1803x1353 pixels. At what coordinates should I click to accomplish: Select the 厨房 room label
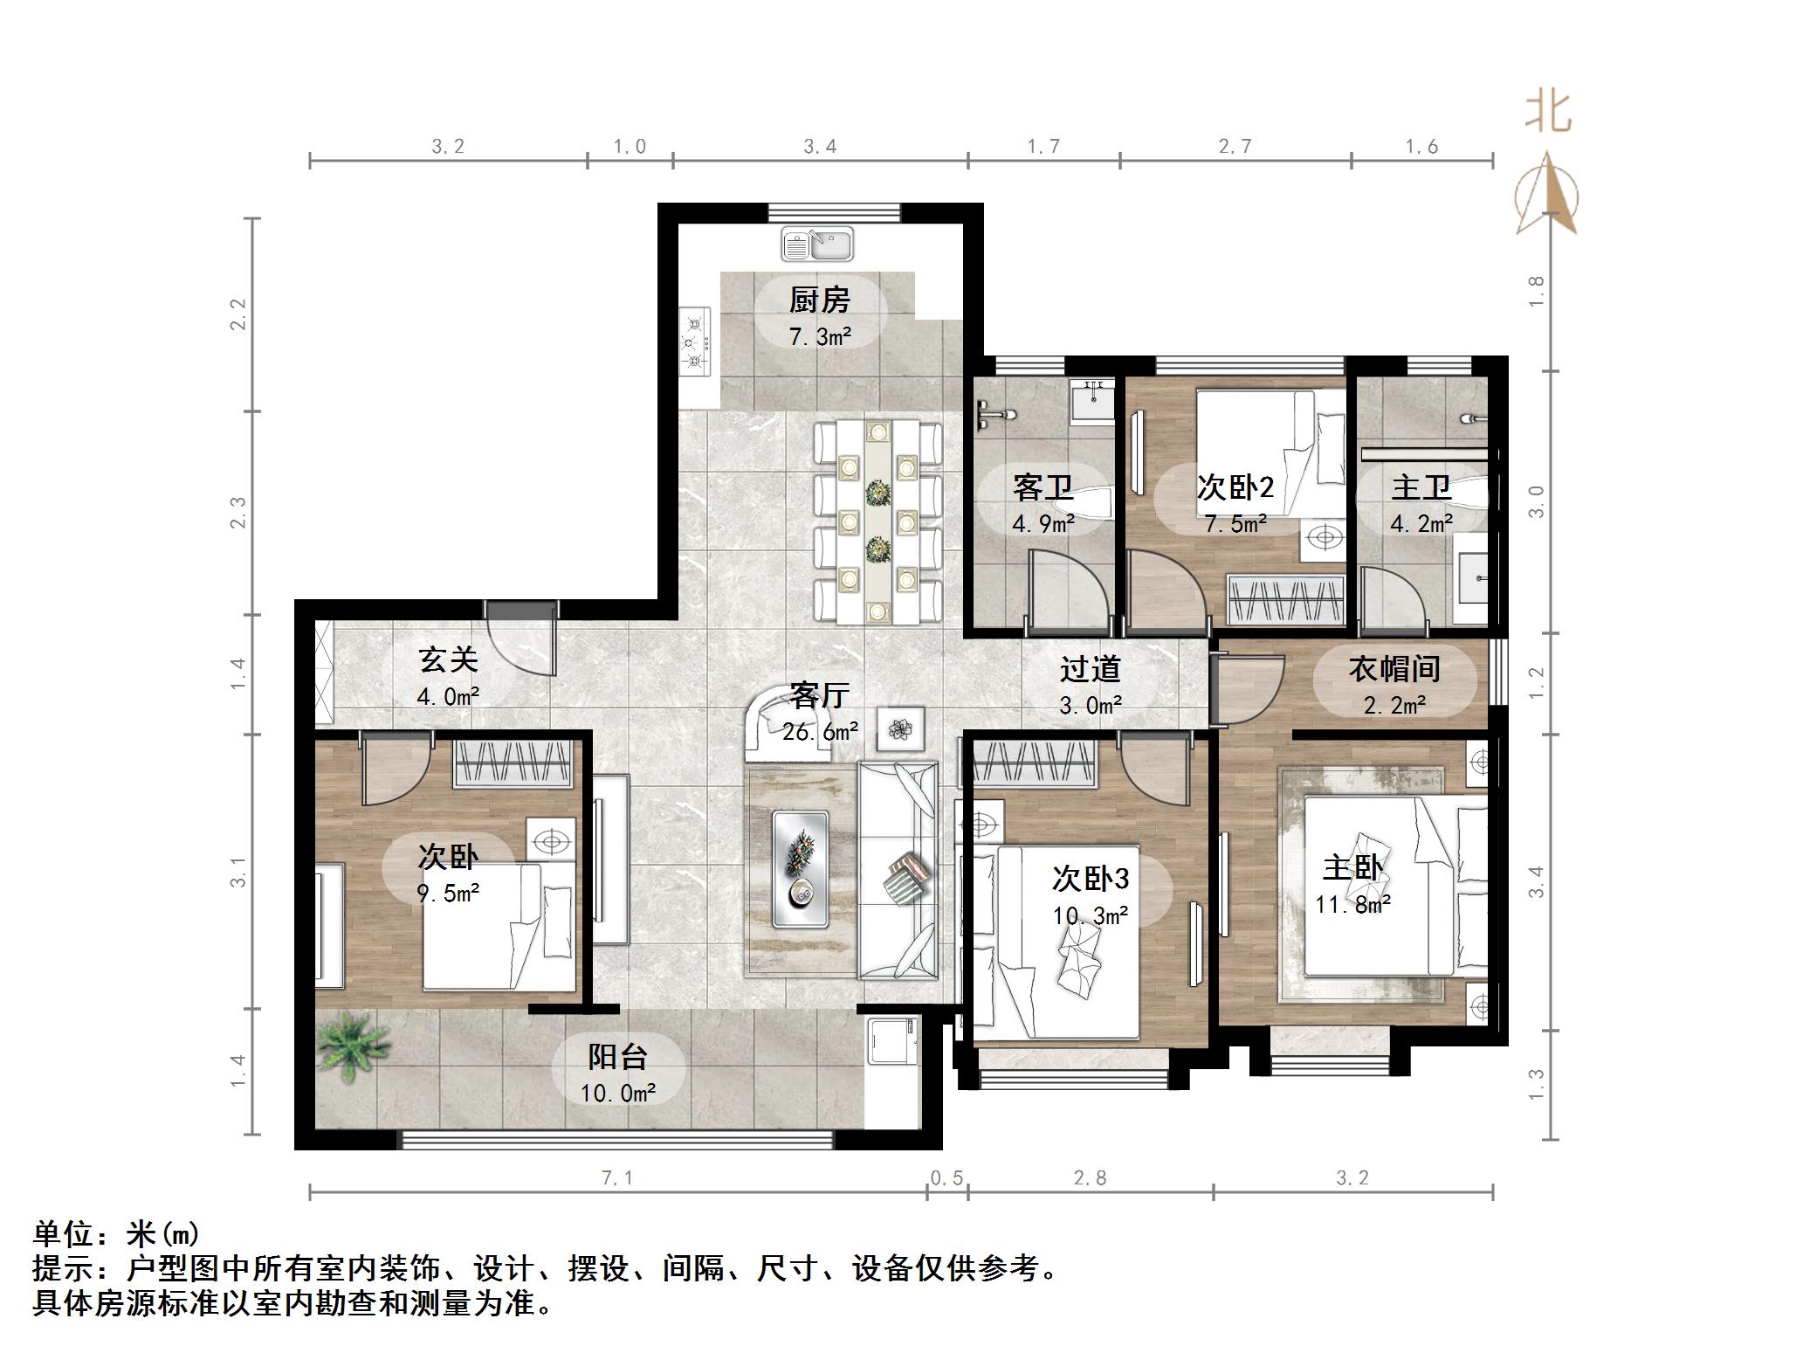click(819, 300)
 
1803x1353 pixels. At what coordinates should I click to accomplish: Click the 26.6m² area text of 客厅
click(819, 732)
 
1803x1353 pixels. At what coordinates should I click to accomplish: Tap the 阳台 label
click(617, 1057)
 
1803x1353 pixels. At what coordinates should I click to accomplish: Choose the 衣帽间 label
click(1394, 669)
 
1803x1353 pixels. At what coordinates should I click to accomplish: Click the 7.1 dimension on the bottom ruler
click(616, 1178)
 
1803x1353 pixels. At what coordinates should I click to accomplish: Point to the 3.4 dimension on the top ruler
click(820, 147)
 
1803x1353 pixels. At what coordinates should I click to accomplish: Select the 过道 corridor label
click(1090, 669)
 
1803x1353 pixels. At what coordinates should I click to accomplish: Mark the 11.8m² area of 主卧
click(1352, 905)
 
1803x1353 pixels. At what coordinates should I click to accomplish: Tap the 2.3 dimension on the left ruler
click(238, 513)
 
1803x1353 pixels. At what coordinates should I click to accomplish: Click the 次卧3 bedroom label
click(1091, 878)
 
